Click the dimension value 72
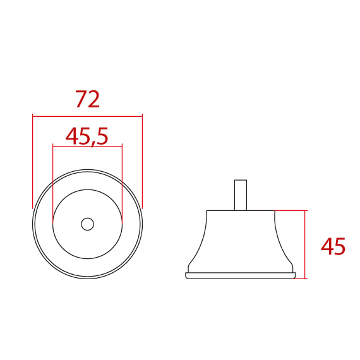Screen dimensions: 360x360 coord(87,99)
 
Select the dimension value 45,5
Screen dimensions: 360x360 coord(87,136)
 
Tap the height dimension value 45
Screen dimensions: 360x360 coord(333,246)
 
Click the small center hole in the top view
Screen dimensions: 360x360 coord(87,224)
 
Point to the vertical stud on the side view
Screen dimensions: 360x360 coord(240,195)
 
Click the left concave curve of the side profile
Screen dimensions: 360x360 coord(200,243)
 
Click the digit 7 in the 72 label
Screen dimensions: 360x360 coord(81,99)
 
